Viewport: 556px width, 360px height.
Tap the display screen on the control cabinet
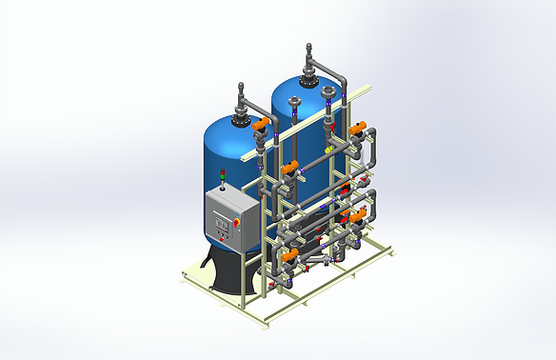pos(224,222)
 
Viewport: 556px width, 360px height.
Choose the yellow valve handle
pos(328,149)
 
